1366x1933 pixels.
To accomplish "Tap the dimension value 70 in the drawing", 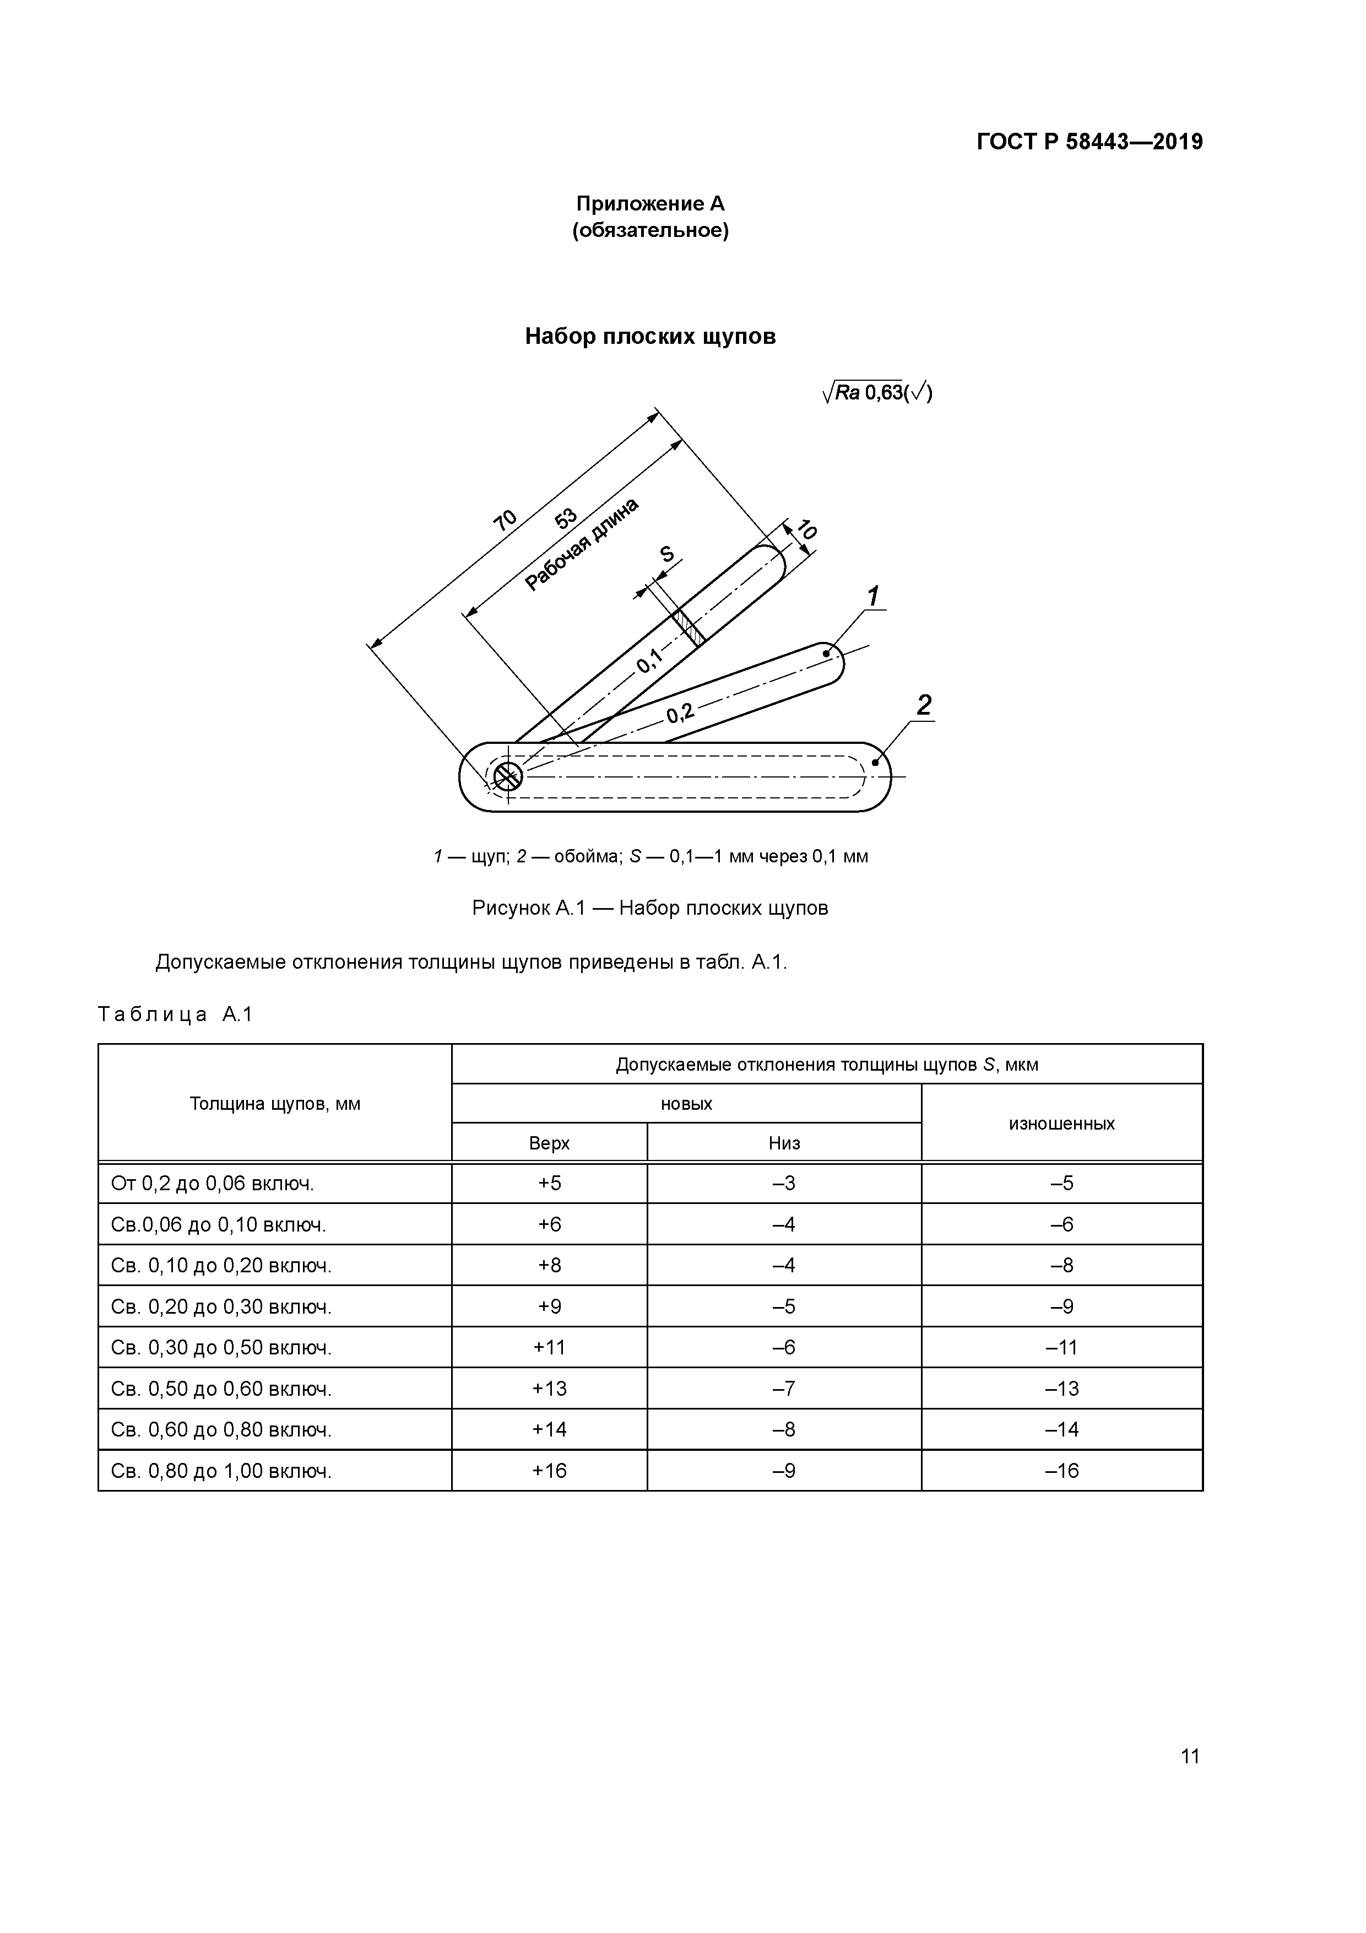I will click(505, 520).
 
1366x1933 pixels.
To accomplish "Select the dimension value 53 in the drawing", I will click(566, 518).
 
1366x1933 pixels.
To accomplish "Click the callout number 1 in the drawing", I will click(874, 597).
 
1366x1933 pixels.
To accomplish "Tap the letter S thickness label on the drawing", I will click(666, 554).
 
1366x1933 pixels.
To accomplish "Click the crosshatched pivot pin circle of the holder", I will click(507, 775).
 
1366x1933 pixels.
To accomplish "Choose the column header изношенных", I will click(1061, 1123).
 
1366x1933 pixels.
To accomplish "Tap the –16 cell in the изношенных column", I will click(1061, 1471).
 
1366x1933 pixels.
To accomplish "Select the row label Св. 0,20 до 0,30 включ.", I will click(221, 1306).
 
